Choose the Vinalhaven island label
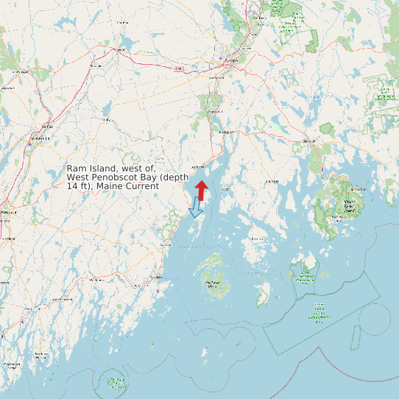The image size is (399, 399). coord(213,282)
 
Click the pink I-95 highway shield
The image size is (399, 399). coord(178,68)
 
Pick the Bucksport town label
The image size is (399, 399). coord(225,132)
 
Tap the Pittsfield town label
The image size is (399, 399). coord(95,66)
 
